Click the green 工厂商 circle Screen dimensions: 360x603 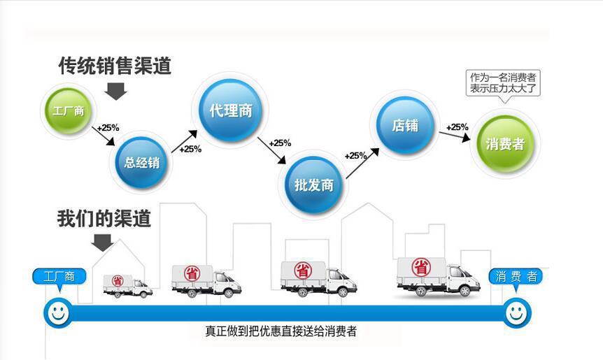[68, 110]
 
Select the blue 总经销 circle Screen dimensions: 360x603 [142, 163]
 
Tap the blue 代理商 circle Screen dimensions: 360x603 [230, 110]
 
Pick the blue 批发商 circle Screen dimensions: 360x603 [314, 185]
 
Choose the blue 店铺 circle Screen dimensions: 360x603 [405, 126]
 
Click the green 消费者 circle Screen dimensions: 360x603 [504, 144]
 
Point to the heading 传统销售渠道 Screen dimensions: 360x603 [115, 66]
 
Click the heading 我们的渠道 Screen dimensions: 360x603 [104, 218]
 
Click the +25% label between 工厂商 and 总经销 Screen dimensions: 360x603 [108, 128]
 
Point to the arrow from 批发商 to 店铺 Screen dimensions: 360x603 [363, 164]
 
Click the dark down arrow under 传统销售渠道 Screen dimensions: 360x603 [116, 90]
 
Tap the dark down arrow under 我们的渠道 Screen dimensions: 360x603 [103, 242]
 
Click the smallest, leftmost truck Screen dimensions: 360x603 [127, 285]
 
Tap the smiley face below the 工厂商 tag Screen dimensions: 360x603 [58, 313]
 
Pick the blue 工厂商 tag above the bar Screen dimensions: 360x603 [59, 276]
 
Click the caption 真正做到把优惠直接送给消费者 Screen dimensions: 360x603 [281, 331]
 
